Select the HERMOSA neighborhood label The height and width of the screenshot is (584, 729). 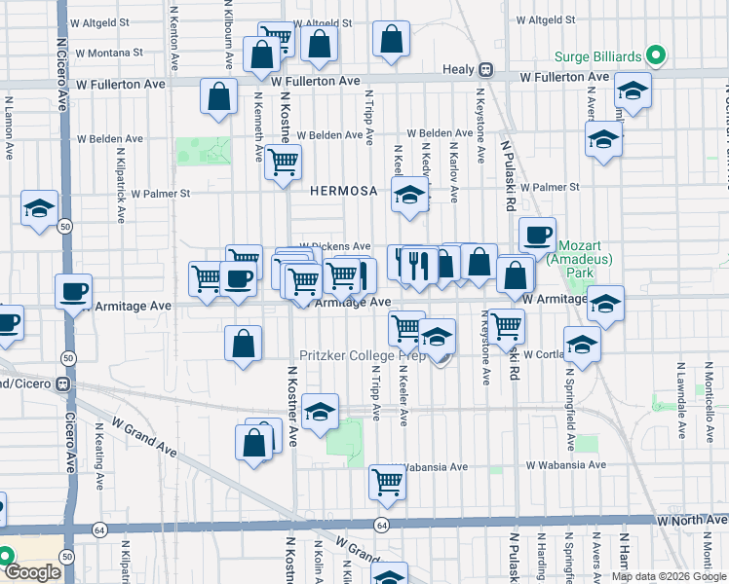(x=343, y=192)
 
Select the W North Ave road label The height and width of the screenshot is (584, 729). (x=691, y=522)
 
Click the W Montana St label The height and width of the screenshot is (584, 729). (x=108, y=52)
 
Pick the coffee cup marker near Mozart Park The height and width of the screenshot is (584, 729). (x=537, y=235)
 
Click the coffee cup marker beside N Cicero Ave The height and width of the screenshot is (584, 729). (x=73, y=291)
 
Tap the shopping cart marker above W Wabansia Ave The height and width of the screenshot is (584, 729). (x=388, y=481)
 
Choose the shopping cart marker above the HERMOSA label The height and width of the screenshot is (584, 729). (x=284, y=162)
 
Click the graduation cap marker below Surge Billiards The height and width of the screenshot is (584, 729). (x=633, y=92)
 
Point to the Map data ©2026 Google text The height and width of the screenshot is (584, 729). (x=669, y=576)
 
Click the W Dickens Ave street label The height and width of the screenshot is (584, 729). (x=334, y=246)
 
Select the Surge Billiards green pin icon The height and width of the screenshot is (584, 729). (x=658, y=56)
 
